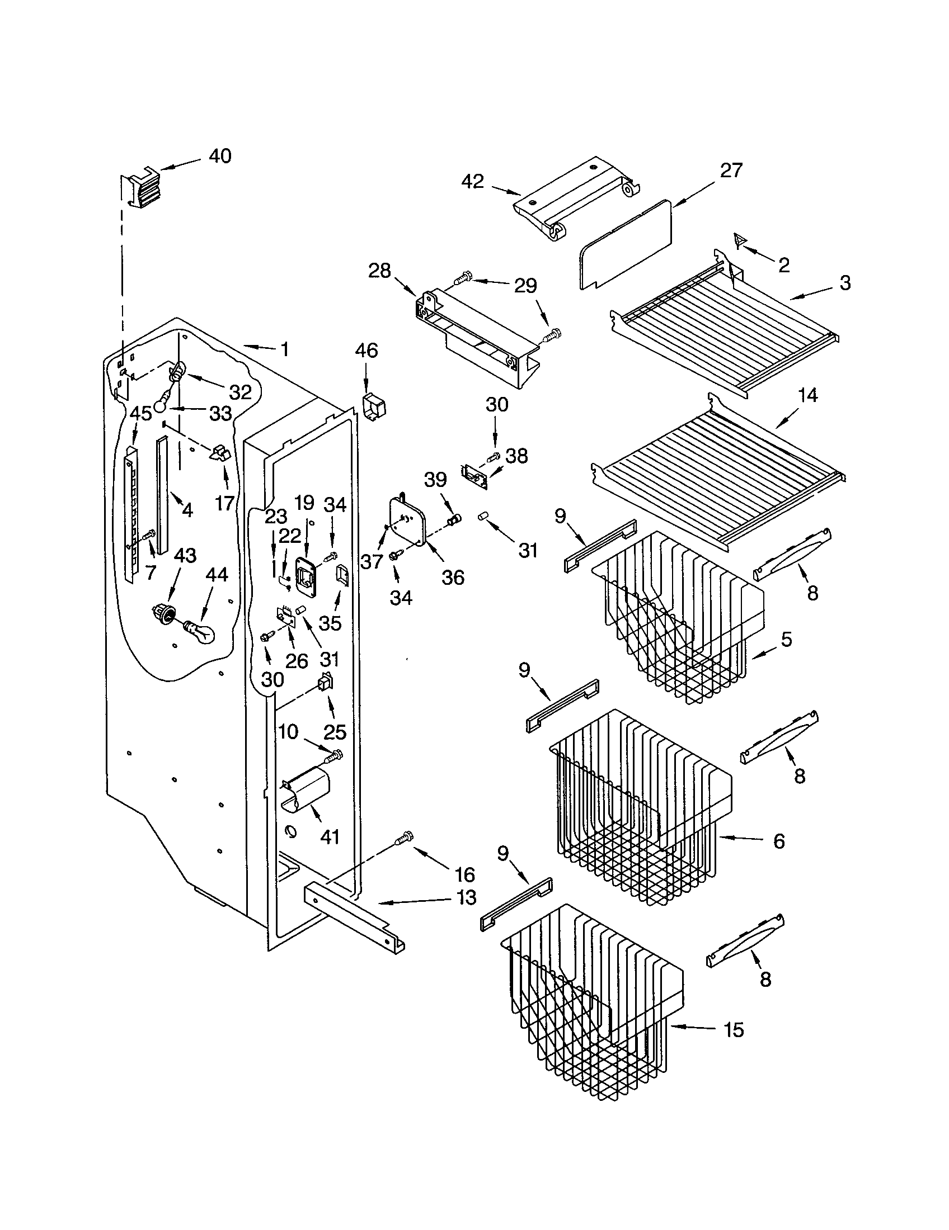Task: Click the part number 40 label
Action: pyautogui.click(x=220, y=156)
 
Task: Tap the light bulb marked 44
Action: pyautogui.click(x=200, y=631)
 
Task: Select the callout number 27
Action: pyautogui.click(x=731, y=170)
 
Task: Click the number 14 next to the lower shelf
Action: pyautogui.click(x=807, y=395)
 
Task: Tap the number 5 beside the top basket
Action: pyautogui.click(x=786, y=639)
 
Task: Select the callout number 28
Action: pyautogui.click(x=379, y=271)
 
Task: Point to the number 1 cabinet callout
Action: pyautogui.click(x=285, y=349)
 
